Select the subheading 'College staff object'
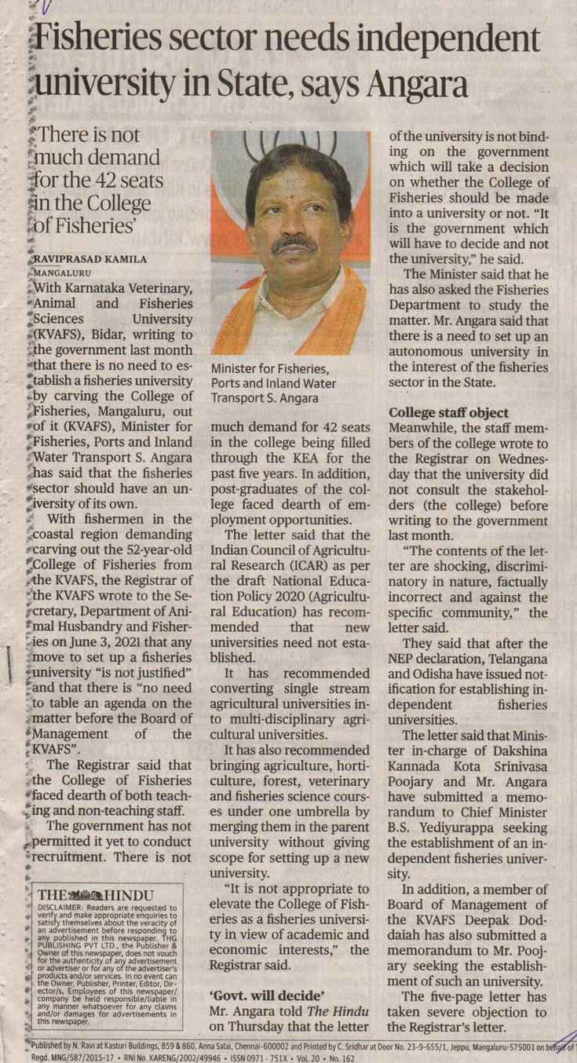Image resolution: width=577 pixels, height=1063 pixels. coord(449,413)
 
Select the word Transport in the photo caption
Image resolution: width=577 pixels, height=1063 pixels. coord(239,397)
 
